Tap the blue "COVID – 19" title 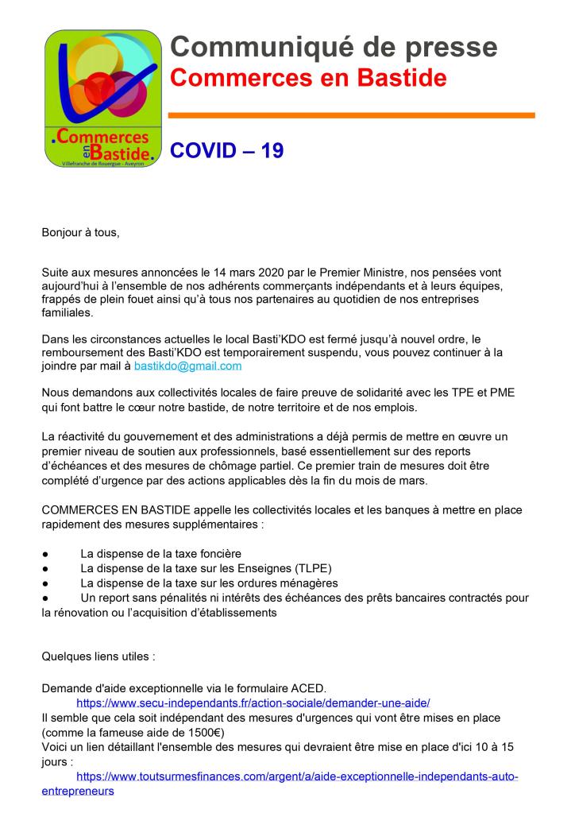[227, 151]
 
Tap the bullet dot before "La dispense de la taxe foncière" [45, 553]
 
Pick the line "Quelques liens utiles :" [98, 656]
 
